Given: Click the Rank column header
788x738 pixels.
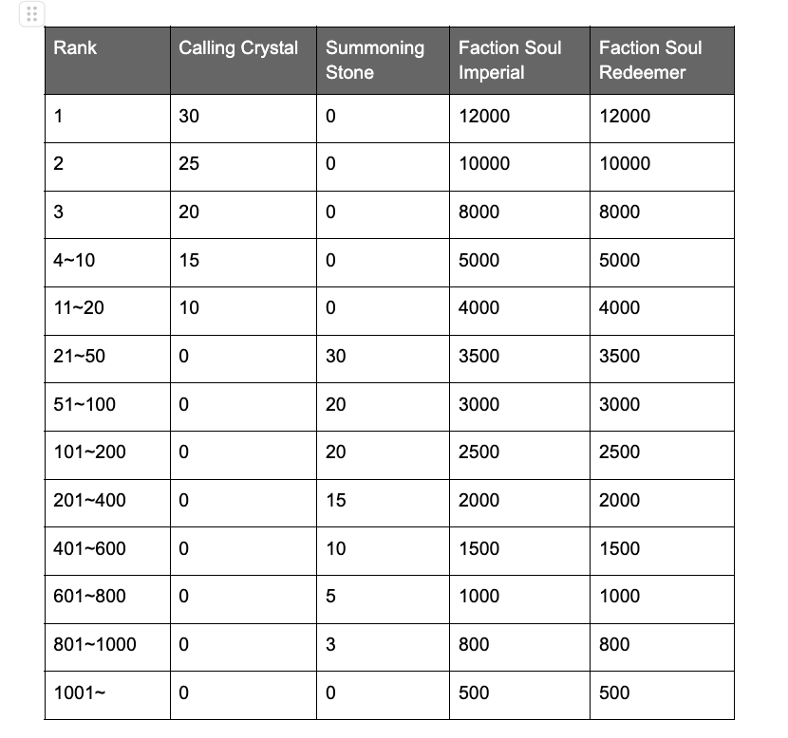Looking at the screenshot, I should tap(75, 47).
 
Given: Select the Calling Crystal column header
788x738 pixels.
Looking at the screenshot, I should tap(238, 47).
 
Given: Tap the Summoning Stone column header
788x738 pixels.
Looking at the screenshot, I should tap(374, 60).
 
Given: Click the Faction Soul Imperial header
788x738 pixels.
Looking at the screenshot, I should tap(510, 60).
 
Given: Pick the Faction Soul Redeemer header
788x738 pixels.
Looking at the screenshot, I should tap(650, 60).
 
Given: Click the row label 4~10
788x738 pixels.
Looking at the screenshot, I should tap(74, 260).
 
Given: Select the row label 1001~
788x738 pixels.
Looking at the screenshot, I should tap(80, 692).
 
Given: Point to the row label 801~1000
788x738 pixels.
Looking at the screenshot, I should tap(95, 644).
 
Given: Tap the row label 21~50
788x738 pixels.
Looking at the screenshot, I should tap(81, 356).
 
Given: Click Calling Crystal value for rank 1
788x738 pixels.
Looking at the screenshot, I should tap(189, 116).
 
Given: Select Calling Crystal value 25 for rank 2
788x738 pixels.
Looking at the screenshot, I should tap(189, 163).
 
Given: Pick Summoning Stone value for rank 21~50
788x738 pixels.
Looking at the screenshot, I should tap(336, 356).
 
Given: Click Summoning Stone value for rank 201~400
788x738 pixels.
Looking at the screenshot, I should tap(336, 500).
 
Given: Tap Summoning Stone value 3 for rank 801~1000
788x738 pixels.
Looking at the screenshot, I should tap(330, 644).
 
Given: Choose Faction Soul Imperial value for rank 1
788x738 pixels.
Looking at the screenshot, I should tap(483, 116).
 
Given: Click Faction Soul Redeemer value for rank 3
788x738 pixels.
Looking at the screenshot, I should tap(619, 212).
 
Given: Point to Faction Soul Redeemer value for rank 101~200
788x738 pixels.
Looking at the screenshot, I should tap(619, 452).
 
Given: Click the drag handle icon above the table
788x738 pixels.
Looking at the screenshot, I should tap(31, 14).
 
